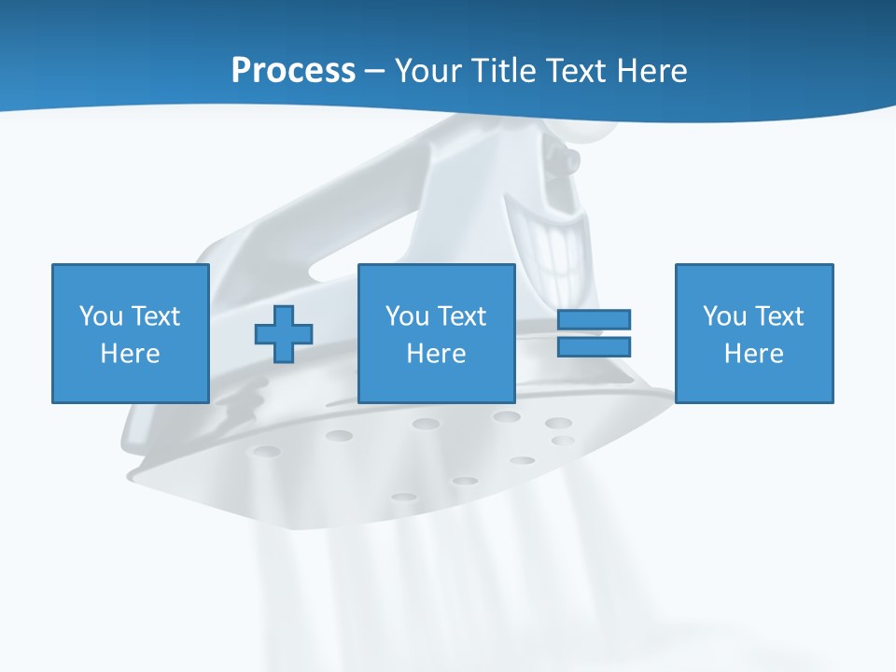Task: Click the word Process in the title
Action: pos(293,71)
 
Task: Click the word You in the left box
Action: pos(101,316)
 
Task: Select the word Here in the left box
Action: pos(130,354)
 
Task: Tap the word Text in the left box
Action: pos(155,316)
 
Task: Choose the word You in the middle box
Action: pos(407,316)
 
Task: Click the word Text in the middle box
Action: pos(461,316)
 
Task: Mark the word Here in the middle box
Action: pos(436,354)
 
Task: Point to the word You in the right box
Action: pos(724,316)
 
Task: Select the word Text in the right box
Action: pos(778,316)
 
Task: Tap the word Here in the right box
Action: pos(753,354)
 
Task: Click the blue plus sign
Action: pos(284,334)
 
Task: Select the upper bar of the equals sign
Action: pos(594,319)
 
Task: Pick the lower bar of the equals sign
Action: pos(594,346)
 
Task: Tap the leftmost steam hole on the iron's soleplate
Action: pos(266,452)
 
